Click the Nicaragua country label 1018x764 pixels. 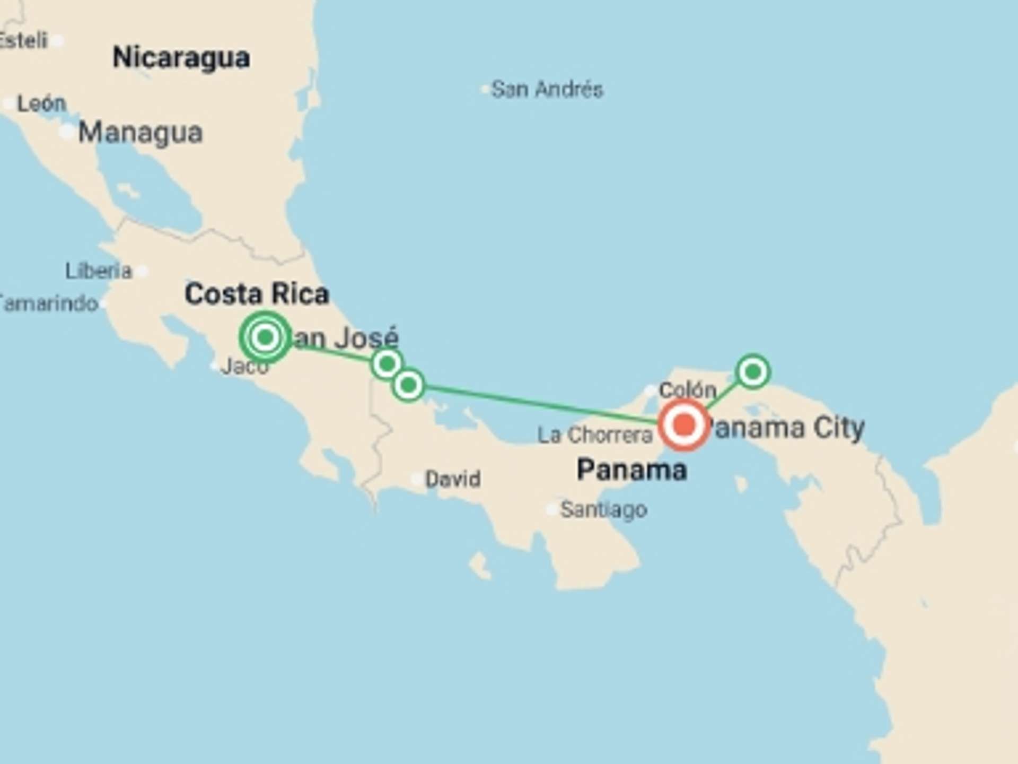click(x=181, y=57)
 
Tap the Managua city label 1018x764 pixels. click(x=140, y=133)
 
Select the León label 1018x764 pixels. click(x=41, y=103)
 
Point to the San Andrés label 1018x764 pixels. click(x=547, y=89)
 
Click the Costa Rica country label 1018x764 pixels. click(x=257, y=294)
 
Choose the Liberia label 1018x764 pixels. click(x=98, y=271)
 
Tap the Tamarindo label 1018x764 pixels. click(x=49, y=304)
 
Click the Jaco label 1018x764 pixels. click(x=244, y=366)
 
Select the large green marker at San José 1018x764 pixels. click(x=265, y=337)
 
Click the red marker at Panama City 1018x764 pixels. click(x=683, y=425)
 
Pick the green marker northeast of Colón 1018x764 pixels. click(x=752, y=371)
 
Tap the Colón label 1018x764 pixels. click(x=687, y=390)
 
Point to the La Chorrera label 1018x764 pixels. click(x=594, y=435)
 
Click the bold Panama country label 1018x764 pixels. click(x=631, y=470)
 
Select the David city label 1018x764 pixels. click(x=453, y=479)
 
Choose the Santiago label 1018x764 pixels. click(x=603, y=510)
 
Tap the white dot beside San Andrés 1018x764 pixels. click(x=484, y=90)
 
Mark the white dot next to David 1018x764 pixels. click(x=417, y=479)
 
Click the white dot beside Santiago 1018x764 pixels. click(x=551, y=510)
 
